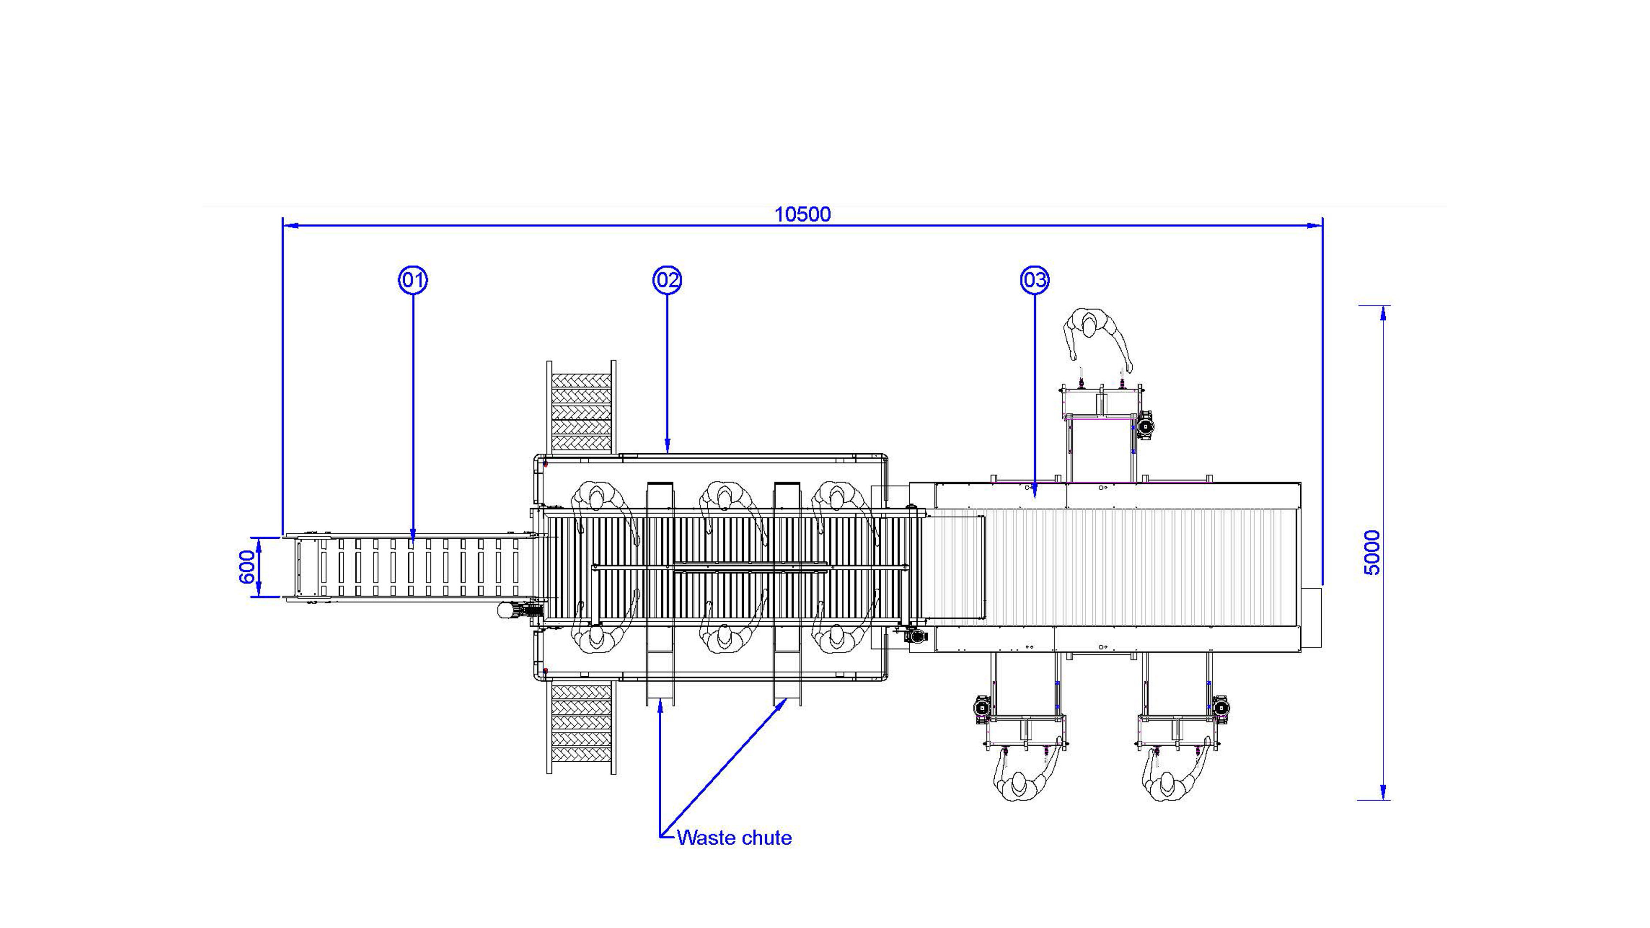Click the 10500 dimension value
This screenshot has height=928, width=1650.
(803, 214)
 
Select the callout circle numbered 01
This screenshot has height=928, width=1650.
(413, 280)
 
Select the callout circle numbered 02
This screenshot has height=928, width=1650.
(667, 280)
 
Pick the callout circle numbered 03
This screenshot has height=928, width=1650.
(1034, 280)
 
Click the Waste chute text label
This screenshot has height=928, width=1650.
(734, 838)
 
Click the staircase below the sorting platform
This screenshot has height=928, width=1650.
(581, 727)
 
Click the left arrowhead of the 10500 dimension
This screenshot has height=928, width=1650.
(290, 226)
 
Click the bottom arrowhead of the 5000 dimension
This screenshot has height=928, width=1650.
(1384, 792)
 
